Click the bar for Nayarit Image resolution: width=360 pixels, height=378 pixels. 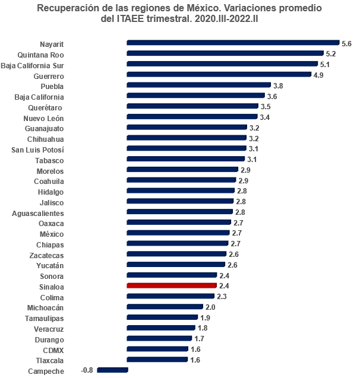(x=232, y=43)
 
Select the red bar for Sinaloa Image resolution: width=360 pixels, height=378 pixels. (x=172, y=286)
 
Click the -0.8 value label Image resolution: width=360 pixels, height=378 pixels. (x=87, y=371)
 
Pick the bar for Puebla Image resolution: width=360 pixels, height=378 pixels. (x=198, y=85)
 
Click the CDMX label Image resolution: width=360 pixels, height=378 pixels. (x=53, y=350)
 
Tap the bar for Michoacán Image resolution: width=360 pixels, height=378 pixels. (x=165, y=307)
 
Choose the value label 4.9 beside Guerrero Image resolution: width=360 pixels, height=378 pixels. (x=318, y=75)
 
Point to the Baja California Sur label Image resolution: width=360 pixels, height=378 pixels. (x=33, y=65)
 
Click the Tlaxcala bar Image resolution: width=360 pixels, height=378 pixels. (x=157, y=360)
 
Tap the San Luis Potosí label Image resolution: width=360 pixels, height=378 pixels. (x=38, y=150)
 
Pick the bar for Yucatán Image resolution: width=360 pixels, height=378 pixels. (x=176, y=265)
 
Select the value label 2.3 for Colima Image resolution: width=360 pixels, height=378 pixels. (x=222, y=297)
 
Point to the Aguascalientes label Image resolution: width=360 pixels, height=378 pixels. (x=38, y=213)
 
